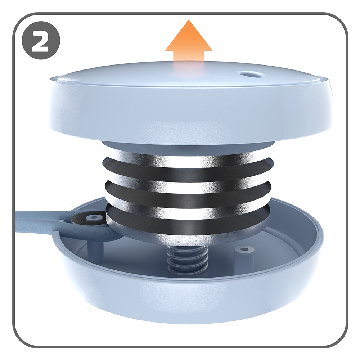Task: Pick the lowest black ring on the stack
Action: [x=188, y=218]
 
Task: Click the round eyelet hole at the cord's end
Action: [x=94, y=217]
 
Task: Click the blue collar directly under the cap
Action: [x=188, y=146]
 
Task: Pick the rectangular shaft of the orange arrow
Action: [x=189, y=59]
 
